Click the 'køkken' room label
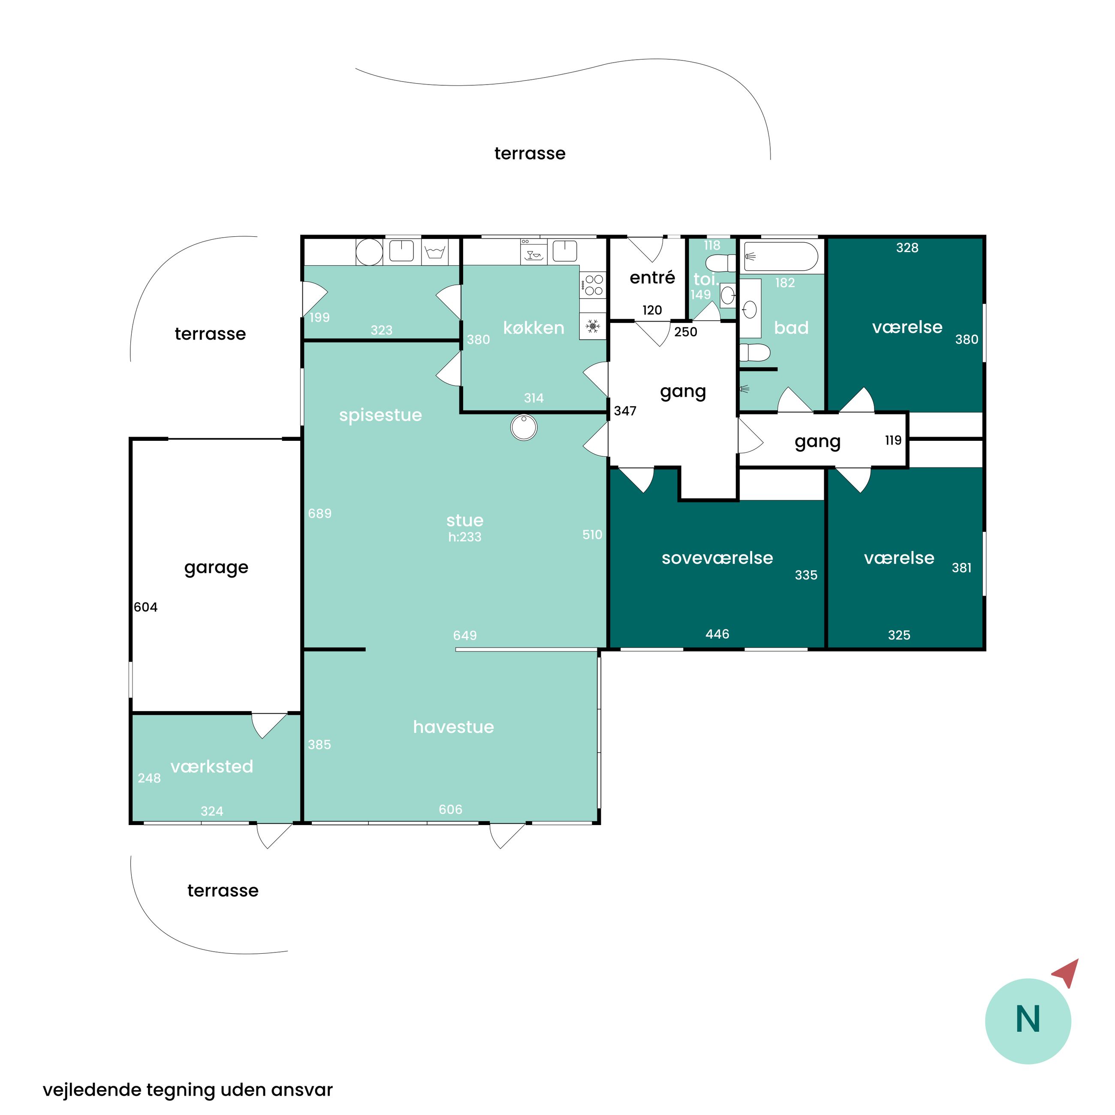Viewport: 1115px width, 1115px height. pos(533,328)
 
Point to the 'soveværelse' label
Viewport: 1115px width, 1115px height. pos(717,558)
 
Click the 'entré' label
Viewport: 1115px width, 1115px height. pos(652,277)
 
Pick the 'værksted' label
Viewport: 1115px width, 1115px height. pos(212,766)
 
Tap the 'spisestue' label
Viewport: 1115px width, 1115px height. pos(380,416)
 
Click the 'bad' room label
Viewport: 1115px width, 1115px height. pos(791,328)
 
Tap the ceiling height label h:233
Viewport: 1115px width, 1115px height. pos(464,537)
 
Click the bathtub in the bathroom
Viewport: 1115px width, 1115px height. pos(780,256)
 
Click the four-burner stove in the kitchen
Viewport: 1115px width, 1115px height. pos(593,284)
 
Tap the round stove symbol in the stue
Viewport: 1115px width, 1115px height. pos(524,428)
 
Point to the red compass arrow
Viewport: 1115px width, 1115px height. pos(1067,973)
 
